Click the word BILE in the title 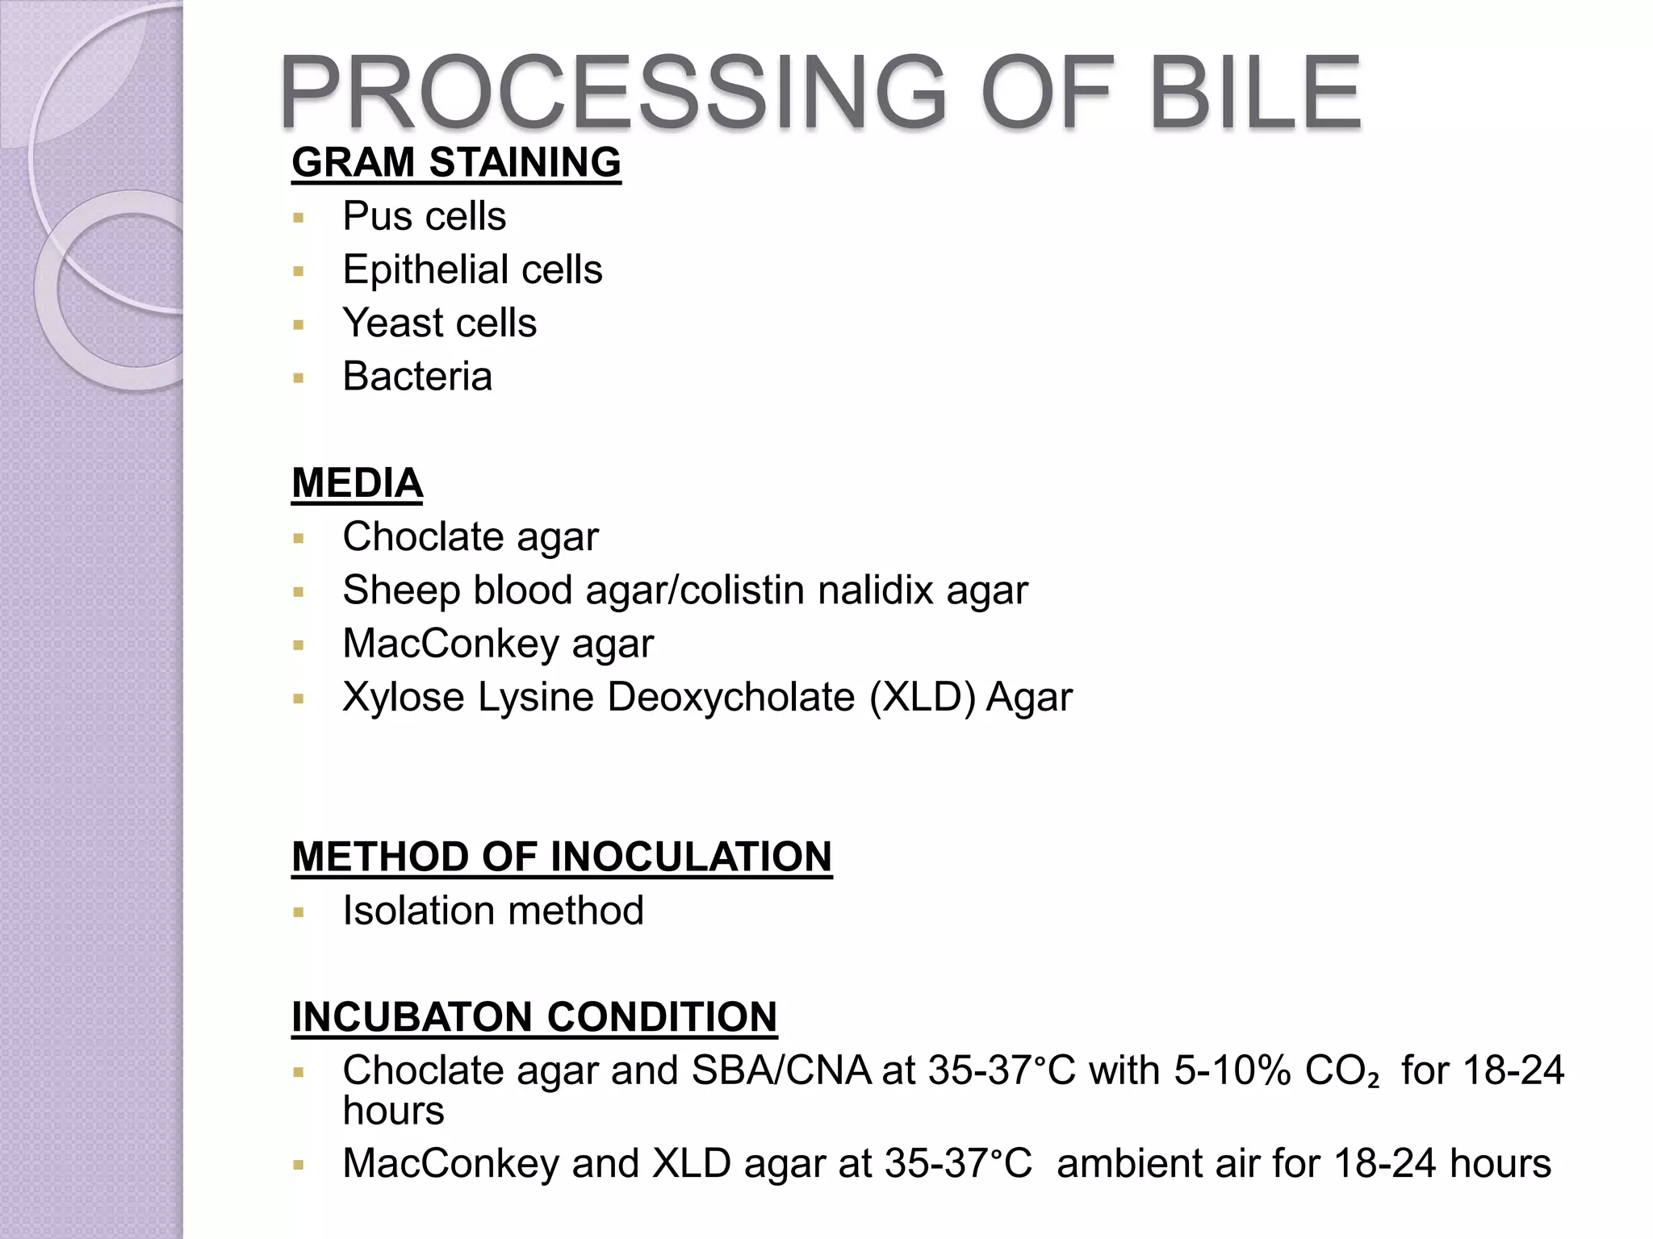click(1255, 93)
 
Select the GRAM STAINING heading click(456, 163)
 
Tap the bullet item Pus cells click(424, 216)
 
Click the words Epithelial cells click(472, 269)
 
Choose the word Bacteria click(417, 377)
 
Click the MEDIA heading click(357, 483)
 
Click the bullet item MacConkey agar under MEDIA click(498, 644)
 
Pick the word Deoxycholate click(730, 697)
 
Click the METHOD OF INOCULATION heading click(561, 857)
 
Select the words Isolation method click(492, 911)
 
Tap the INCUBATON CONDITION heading click(534, 1016)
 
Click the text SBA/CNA click(780, 1070)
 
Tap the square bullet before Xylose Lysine click(299, 699)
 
